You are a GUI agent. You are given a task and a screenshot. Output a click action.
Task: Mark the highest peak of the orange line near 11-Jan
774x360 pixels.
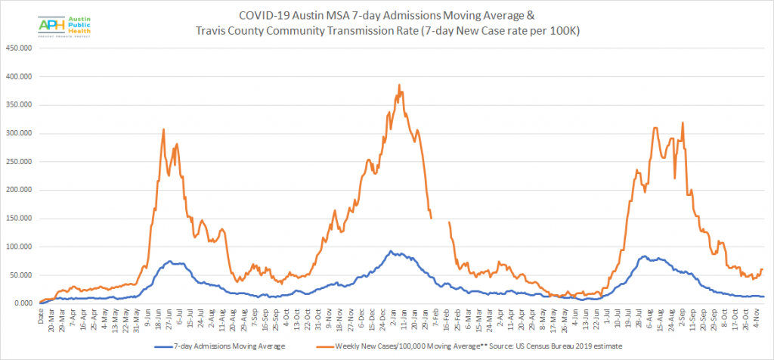point(398,85)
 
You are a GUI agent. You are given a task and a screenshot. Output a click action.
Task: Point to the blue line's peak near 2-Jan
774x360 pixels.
point(390,252)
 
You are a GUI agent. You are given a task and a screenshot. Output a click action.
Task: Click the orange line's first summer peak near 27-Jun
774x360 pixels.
point(163,130)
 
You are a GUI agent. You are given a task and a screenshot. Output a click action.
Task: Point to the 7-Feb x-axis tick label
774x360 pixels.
point(434,316)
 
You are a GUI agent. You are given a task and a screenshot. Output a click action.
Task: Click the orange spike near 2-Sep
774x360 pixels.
point(683,123)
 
